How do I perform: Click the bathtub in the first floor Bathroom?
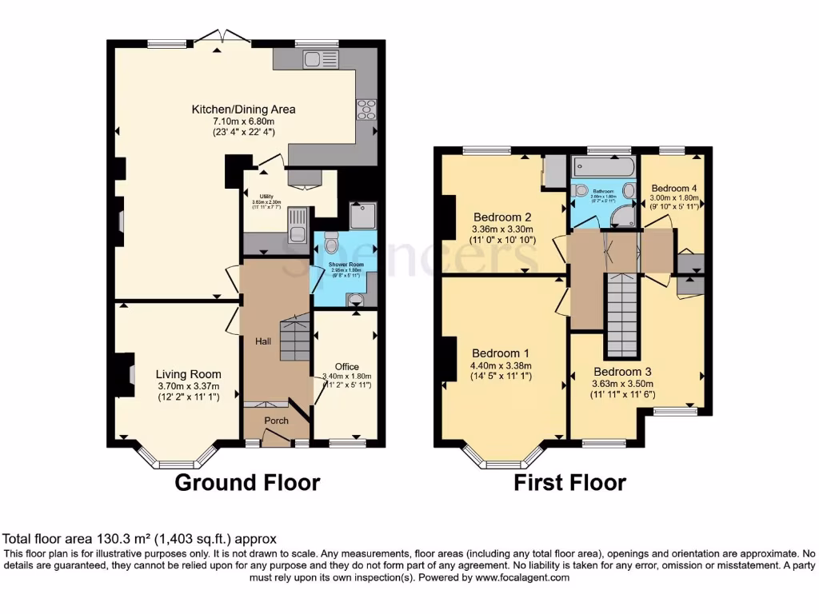tap(602, 167)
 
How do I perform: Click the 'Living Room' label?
tap(188, 374)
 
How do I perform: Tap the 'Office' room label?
tap(346, 367)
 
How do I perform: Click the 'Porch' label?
tap(277, 421)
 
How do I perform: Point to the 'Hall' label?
tap(263, 341)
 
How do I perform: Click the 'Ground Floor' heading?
tap(247, 483)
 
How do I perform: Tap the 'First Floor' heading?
tap(569, 483)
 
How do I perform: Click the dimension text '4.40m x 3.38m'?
tap(501, 366)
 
